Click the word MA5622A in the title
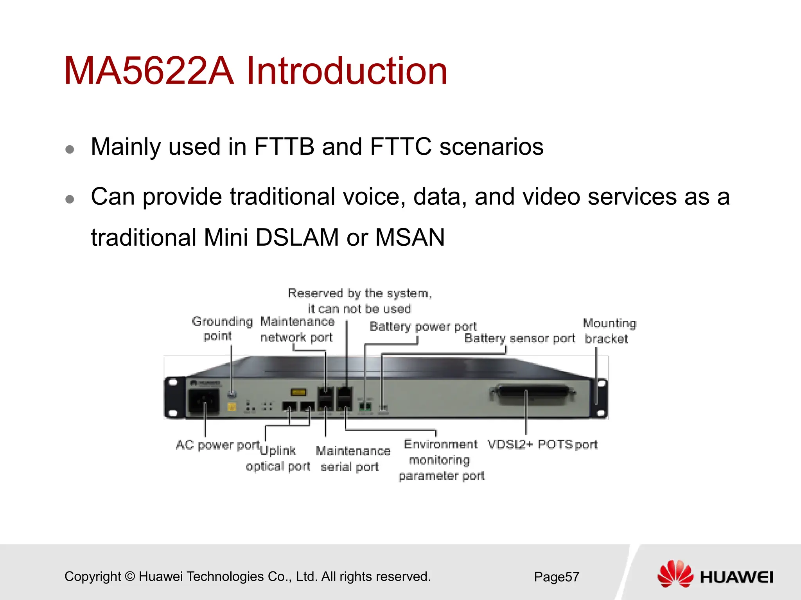pyautogui.click(x=149, y=71)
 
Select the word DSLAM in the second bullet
pyautogui.click(x=297, y=237)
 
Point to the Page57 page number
pyautogui.click(x=556, y=577)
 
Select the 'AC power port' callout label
pyautogui.click(x=218, y=445)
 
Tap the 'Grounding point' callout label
pyautogui.click(x=222, y=329)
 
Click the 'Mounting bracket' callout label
pyautogui.click(x=609, y=331)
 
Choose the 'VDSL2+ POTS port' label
pyautogui.click(x=542, y=445)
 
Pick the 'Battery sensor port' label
pyautogui.click(x=519, y=338)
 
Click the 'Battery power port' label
pyautogui.click(x=423, y=326)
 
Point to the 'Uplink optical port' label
pyautogui.click(x=278, y=459)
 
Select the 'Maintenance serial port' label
pyautogui.click(x=352, y=459)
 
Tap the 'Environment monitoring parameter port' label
pyautogui.click(x=441, y=460)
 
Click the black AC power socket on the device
pyautogui.click(x=204, y=401)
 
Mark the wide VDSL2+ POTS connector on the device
pyautogui.click(x=532, y=394)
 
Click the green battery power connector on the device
pyautogui.click(x=365, y=406)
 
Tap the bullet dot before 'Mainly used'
pyautogui.click(x=70, y=149)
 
